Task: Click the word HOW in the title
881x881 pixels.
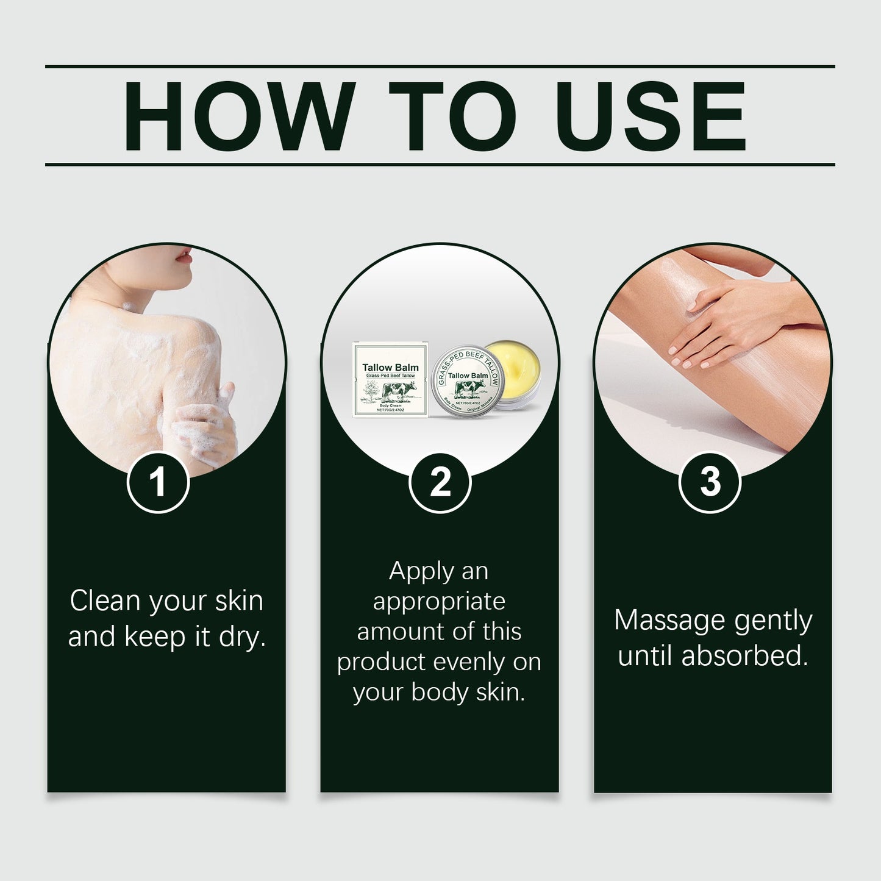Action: [x=239, y=116]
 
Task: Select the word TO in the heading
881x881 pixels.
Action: [x=452, y=116]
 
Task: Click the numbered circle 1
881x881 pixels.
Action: [x=158, y=482]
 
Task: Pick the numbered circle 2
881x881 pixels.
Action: [x=440, y=482]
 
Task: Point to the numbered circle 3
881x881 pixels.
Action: [x=710, y=482]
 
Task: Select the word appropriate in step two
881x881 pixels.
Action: [x=439, y=602]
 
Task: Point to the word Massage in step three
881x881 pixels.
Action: [x=669, y=621]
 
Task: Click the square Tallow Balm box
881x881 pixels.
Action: [x=390, y=380]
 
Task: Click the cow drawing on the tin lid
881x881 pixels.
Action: [x=469, y=390]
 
